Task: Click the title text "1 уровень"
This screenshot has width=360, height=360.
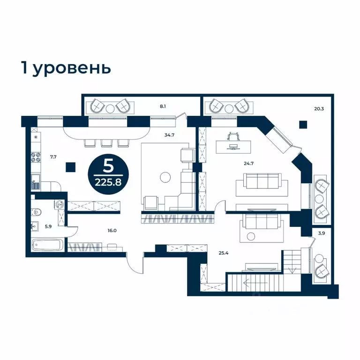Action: click(x=66, y=67)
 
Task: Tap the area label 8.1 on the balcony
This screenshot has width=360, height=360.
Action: click(x=163, y=106)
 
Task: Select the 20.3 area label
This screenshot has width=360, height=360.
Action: click(x=319, y=109)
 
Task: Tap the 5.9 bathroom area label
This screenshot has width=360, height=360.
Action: click(x=48, y=226)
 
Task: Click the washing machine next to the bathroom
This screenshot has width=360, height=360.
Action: click(x=60, y=204)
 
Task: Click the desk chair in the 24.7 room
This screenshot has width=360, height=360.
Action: click(x=232, y=136)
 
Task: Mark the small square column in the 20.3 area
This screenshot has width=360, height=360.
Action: click(x=304, y=124)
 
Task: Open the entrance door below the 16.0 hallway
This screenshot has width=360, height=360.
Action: click(x=135, y=265)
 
